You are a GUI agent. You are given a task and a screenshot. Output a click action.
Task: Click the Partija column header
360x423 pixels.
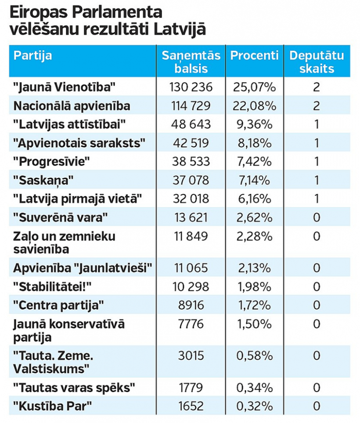tap(32, 56)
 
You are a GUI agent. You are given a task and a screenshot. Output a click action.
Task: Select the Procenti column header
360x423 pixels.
tap(254, 55)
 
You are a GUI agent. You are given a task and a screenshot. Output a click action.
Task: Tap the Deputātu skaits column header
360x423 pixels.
tap(317, 62)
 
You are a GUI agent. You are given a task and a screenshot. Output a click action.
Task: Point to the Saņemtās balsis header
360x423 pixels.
tap(191, 62)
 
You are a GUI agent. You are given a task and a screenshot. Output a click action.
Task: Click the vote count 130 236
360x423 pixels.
tap(191, 87)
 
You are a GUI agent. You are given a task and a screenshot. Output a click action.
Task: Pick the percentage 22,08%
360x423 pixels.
tap(254, 106)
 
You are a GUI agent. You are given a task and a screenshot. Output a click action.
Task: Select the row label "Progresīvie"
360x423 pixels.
tap(51, 162)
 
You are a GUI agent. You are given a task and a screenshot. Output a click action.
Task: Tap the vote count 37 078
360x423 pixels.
tap(191, 180)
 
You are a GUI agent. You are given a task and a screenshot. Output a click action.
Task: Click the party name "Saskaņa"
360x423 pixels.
tap(43, 181)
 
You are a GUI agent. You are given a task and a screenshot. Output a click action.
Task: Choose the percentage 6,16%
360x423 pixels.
tap(254, 199)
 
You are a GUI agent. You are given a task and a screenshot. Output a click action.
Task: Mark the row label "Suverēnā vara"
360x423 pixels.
tap(61, 217)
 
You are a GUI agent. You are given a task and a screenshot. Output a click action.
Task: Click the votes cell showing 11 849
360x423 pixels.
tap(191, 236)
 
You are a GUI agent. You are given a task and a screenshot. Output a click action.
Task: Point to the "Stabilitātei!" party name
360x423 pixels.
tap(52, 286)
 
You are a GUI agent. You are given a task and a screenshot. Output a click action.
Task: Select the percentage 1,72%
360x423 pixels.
tap(254, 305)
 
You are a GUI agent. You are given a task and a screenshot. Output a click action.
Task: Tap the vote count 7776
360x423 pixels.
tap(191, 324)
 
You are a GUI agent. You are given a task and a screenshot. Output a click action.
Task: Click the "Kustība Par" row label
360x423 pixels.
tap(53, 406)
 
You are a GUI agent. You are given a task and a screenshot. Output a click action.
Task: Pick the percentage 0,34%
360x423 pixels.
tap(254, 388)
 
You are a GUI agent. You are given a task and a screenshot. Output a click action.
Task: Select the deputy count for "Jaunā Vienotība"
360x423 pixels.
tap(317, 87)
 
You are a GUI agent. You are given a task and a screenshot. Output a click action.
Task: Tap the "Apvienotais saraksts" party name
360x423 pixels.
tap(79, 143)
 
